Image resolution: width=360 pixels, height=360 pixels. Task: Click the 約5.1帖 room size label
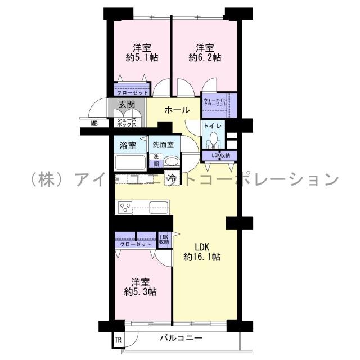coord(141,57)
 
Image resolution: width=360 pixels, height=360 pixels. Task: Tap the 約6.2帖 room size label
coord(205,57)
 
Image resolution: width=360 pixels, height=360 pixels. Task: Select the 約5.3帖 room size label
coord(141,292)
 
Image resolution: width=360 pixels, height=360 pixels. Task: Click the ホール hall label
coord(177,110)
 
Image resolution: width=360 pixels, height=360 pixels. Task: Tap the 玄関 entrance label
coord(127,105)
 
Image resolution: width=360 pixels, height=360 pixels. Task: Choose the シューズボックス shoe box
coord(127,121)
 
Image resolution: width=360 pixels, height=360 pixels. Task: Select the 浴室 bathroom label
coord(127,146)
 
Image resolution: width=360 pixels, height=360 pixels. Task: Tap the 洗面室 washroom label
coord(164,145)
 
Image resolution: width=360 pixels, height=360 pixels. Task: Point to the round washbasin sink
coord(171,161)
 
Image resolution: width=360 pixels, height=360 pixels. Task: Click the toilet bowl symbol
coord(213,140)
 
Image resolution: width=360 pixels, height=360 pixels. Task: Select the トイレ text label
coord(213,126)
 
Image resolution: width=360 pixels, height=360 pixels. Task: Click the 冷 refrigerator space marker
coord(173,178)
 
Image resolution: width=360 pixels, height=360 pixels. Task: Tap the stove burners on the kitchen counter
coord(125,208)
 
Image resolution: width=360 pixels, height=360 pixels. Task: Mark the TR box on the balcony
coord(118,340)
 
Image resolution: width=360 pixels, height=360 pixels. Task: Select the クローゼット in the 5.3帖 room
coord(135,244)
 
